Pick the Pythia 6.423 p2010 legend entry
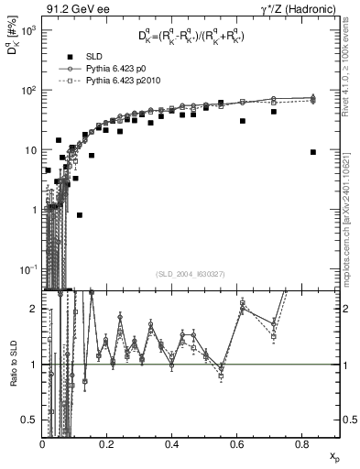point(123,82)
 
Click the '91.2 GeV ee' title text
point(73,8)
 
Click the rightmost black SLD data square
point(313,152)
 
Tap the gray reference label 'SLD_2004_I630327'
point(195,273)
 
